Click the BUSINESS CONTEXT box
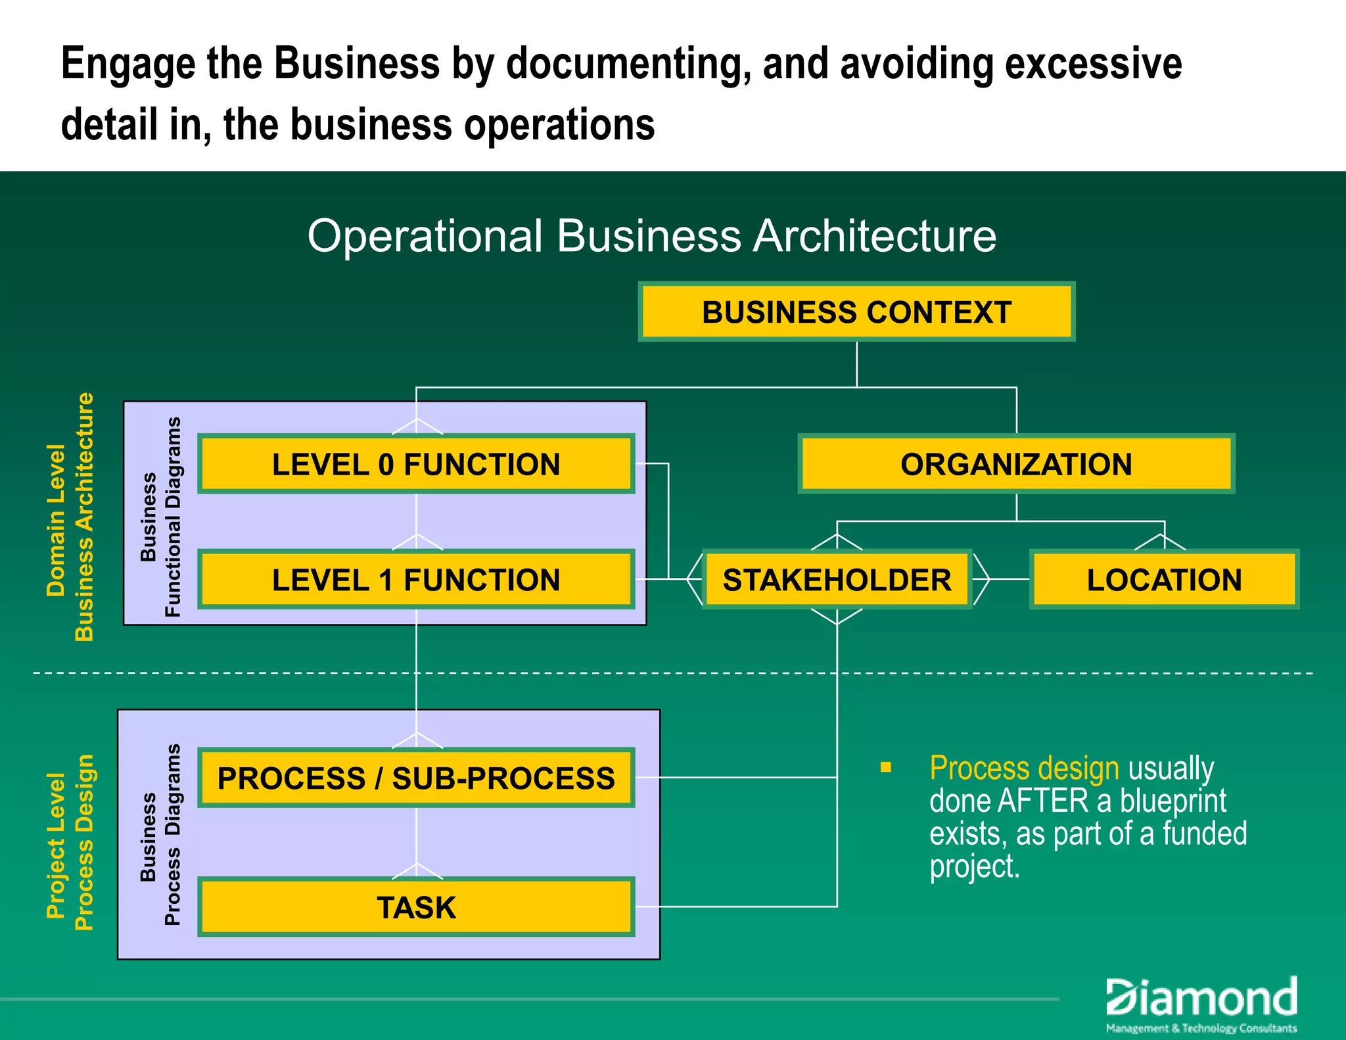pyautogui.click(x=856, y=312)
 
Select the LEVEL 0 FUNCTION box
pyautogui.click(x=416, y=464)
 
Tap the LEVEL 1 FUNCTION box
pyautogui.click(x=416, y=580)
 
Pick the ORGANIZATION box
pyautogui.click(x=1016, y=464)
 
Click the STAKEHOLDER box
pyautogui.click(x=837, y=580)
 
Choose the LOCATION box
pyautogui.click(x=1164, y=580)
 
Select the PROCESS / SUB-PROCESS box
pyautogui.click(x=416, y=778)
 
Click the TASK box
pyautogui.click(x=416, y=907)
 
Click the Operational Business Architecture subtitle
pyautogui.click(x=651, y=236)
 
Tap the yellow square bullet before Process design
pyautogui.click(x=886, y=767)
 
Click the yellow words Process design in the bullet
pyautogui.click(x=1023, y=768)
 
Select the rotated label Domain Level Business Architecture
pyautogui.click(x=70, y=517)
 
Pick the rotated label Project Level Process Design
pyautogui.click(x=70, y=843)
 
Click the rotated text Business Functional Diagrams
pyautogui.click(x=161, y=517)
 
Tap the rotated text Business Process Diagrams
pyautogui.click(x=161, y=835)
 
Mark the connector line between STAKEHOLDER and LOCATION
pyautogui.click(x=1009, y=579)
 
